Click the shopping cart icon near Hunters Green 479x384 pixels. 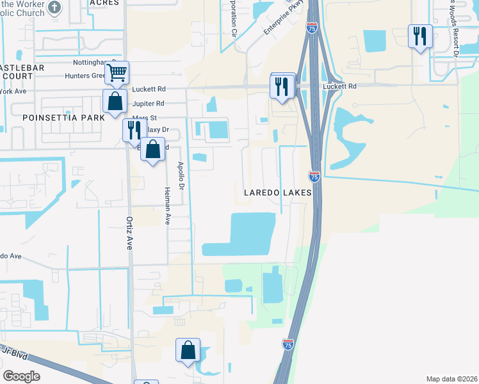pyautogui.click(x=117, y=74)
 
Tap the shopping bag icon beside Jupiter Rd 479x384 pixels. pyautogui.click(x=114, y=102)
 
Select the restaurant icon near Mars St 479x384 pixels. pyautogui.click(x=134, y=130)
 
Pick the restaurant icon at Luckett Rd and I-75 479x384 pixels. pyautogui.click(x=282, y=86)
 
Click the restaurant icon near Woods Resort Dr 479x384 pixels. pyautogui.click(x=420, y=36)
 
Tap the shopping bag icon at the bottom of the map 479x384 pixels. pyautogui.click(x=188, y=351)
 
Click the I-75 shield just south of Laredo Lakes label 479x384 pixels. pyautogui.click(x=314, y=175)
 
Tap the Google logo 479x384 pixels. pyautogui.click(x=21, y=376)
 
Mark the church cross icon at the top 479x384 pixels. pyautogui.click(x=54, y=8)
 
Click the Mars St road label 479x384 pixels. pyautogui.click(x=144, y=118)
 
